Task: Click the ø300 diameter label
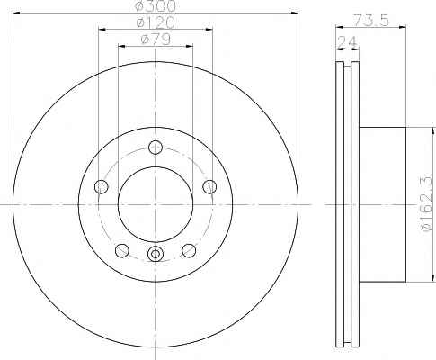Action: [156, 6]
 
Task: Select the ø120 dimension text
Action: [156, 22]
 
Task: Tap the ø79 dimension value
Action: [156, 40]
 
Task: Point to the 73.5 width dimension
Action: [371, 21]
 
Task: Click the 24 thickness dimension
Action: [348, 42]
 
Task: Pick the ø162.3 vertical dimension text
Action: [427, 204]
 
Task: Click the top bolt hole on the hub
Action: [156, 148]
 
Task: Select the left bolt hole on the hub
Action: [102, 187]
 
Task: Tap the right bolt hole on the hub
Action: [209, 187]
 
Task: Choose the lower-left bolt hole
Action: [122, 250]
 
